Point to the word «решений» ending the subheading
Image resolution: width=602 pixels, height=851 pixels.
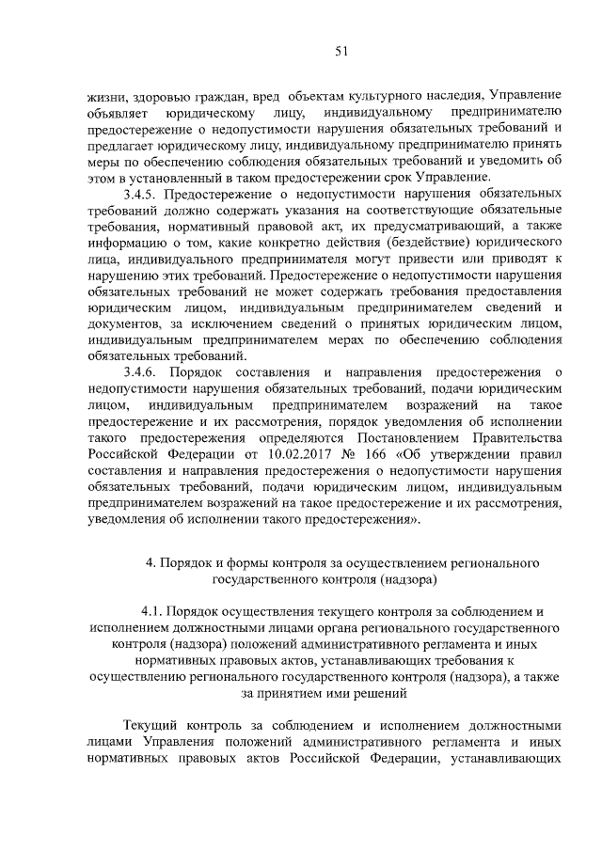coord(383,696)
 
